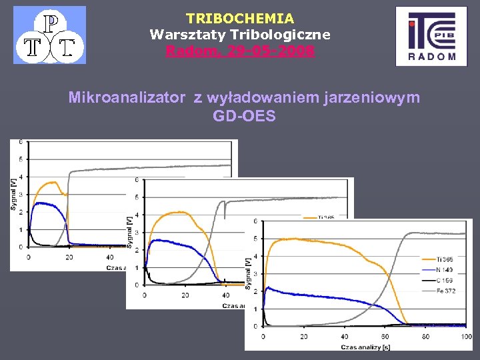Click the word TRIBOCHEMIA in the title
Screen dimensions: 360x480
pyautogui.click(x=239, y=19)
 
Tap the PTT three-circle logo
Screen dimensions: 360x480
pyautogui.click(x=50, y=35)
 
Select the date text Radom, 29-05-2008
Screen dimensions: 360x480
pyautogui.click(x=239, y=51)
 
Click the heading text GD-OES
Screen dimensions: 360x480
pyautogui.click(x=244, y=116)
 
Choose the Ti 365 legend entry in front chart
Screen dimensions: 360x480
pyautogui.click(x=440, y=259)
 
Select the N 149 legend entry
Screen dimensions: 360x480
pyautogui.click(x=440, y=269)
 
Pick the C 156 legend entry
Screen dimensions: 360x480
pyautogui.click(x=440, y=280)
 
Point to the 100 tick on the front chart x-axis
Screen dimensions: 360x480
pyautogui.click(x=466, y=337)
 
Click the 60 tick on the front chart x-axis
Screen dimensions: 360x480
pyautogui.click(x=385, y=337)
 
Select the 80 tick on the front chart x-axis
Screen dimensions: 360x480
pyautogui.click(x=425, y=337)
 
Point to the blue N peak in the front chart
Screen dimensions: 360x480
pyautogui.click(x=268, y=288)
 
